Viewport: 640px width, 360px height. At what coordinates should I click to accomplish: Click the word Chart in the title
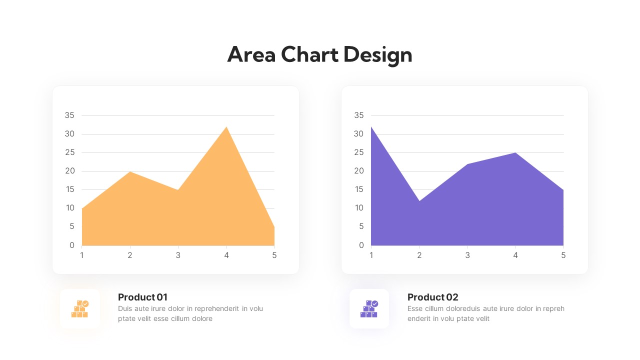point(309,54)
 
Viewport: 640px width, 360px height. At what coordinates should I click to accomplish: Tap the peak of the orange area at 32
point(226,127)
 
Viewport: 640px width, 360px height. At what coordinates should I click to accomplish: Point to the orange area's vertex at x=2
point(130,172)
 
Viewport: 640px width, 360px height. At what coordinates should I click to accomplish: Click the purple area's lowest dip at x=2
point(419,201)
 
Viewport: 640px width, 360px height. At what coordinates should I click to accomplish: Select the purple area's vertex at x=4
point(515,153)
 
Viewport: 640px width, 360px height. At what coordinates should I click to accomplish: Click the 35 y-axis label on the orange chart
point(69,115)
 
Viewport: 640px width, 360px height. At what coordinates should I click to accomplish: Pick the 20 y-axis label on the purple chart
point(359,171)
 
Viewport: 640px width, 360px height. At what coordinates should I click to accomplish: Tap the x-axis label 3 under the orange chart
point(178,255)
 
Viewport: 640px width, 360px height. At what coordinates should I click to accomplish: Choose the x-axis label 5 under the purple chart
point(563,255)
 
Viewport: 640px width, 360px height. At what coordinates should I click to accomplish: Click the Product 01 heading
point(142,297)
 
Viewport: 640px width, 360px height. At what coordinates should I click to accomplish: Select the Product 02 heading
point(432,297)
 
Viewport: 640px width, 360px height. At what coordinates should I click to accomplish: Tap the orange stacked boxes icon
point(80,308)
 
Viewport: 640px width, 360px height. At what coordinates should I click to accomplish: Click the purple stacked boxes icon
point(369,308)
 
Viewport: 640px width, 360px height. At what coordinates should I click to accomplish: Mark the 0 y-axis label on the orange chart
point(72,245)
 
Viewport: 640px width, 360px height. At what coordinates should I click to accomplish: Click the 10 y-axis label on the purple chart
point(359,208)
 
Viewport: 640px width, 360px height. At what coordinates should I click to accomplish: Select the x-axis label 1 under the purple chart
point(371,255)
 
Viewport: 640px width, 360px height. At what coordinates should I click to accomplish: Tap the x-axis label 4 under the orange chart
point(226,255)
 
